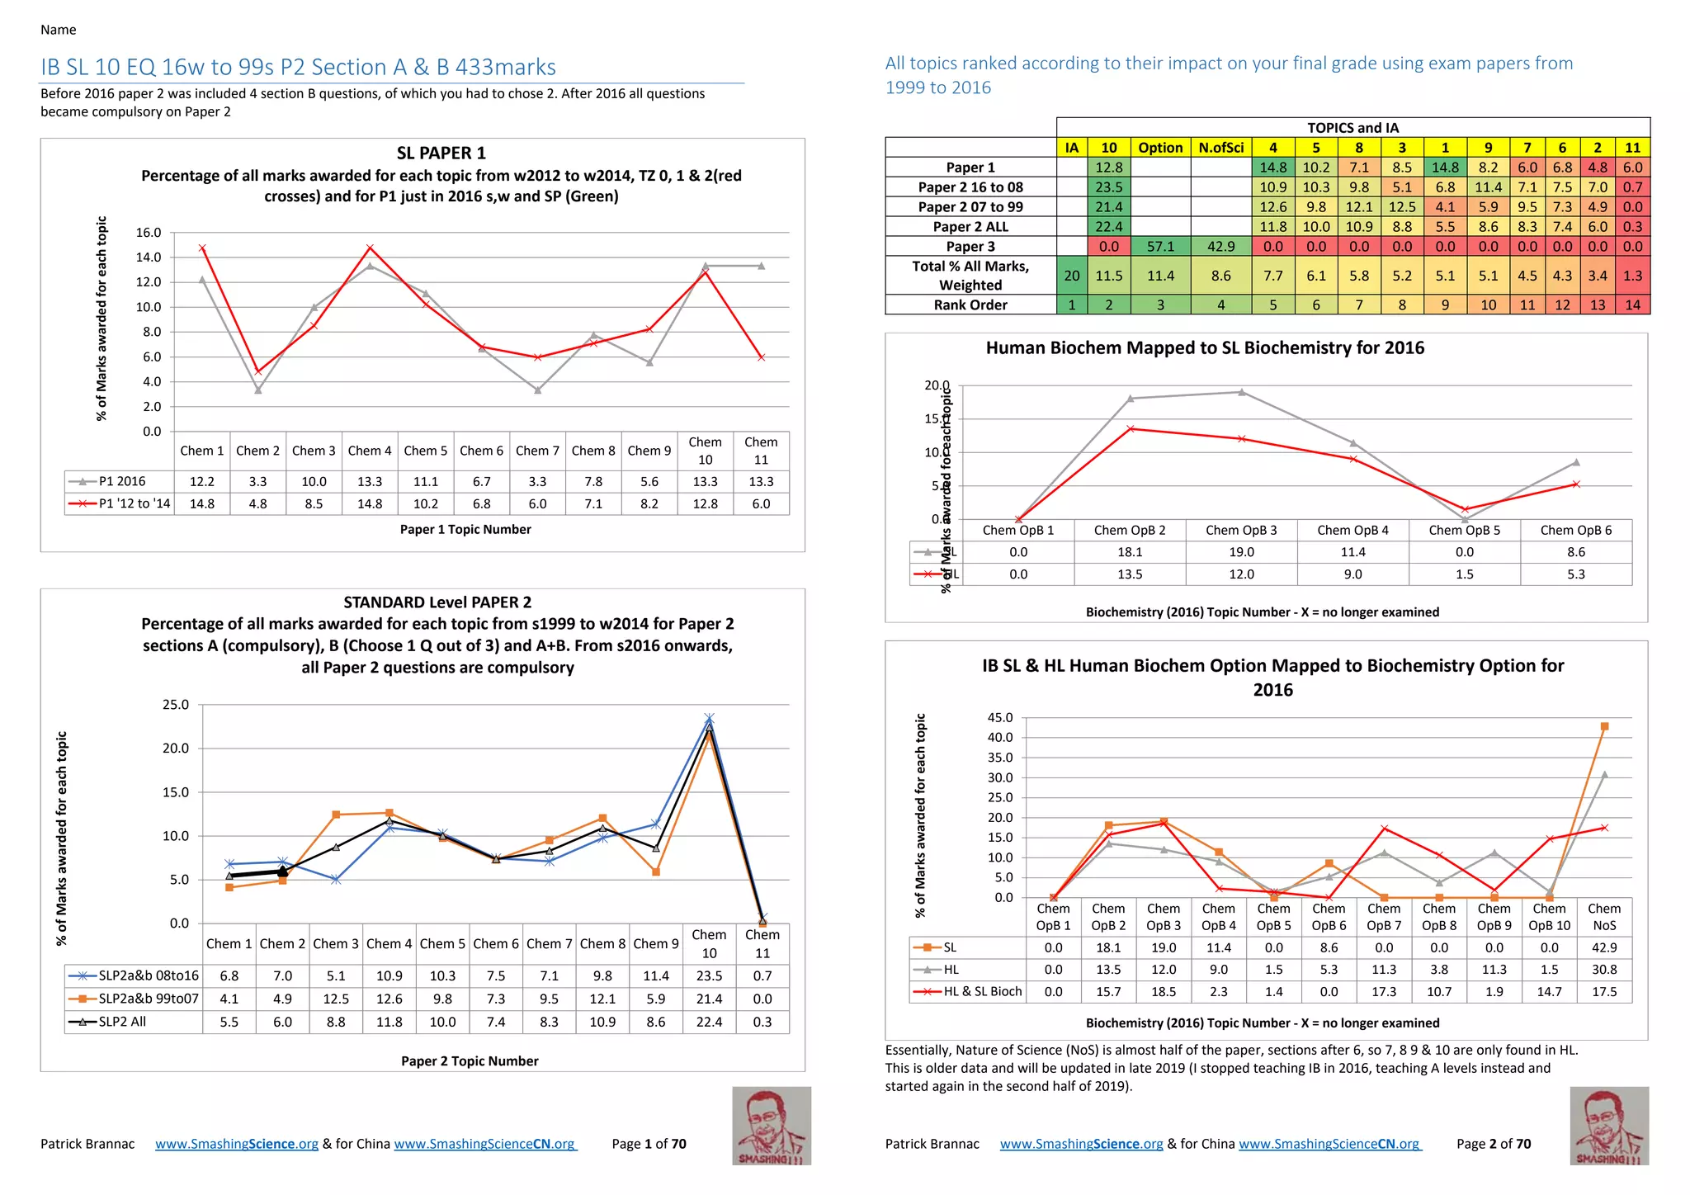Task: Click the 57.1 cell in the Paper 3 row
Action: pyautogui.click(x=1160, y=246)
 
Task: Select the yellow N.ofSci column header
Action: pyautogui.click(x=1220, y=148)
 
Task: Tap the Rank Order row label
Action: pyautogui.click(x=970, y=305)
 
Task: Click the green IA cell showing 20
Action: pyautogui.click(x=1071, y=276)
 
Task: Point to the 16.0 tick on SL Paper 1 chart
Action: pyautogui.click(x=149, y=233)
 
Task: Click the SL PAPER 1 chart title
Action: pyautogui.click(x=441, y=153)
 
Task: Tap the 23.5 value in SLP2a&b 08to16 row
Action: pyautogui.click(x=709, y=975)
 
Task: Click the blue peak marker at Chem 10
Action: pyautogui.click(x=709, y=719)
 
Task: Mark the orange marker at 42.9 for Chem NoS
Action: pyautogui.click(x=1604, y=727)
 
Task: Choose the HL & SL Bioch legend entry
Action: pyautogui.click(x=982, y=991)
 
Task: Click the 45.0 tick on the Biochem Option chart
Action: pyautogui.click(x=999, y=718)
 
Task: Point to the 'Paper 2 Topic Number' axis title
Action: pyautogui.click(x=470, y=1061)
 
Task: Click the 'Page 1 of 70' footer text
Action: pyautogui.click(x=649, y=1144)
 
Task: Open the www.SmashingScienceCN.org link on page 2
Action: pyautogui.click(x=1329, y=1144)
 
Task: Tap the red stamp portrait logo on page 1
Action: pyautogui.click(x=771, y=1126)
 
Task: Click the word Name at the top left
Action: pyautogui.click(x=58, y=30)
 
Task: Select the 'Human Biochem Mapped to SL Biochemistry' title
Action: pyautogui.click(x=1205, y=347)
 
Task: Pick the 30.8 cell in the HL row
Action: pyautogui.click(x=1603, y=970)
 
